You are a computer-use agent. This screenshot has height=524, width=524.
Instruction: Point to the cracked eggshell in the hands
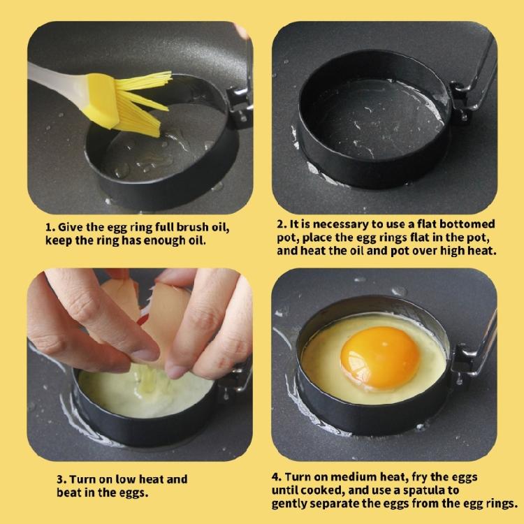coord(140,307)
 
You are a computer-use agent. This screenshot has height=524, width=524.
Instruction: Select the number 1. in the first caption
coord(50,228)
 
